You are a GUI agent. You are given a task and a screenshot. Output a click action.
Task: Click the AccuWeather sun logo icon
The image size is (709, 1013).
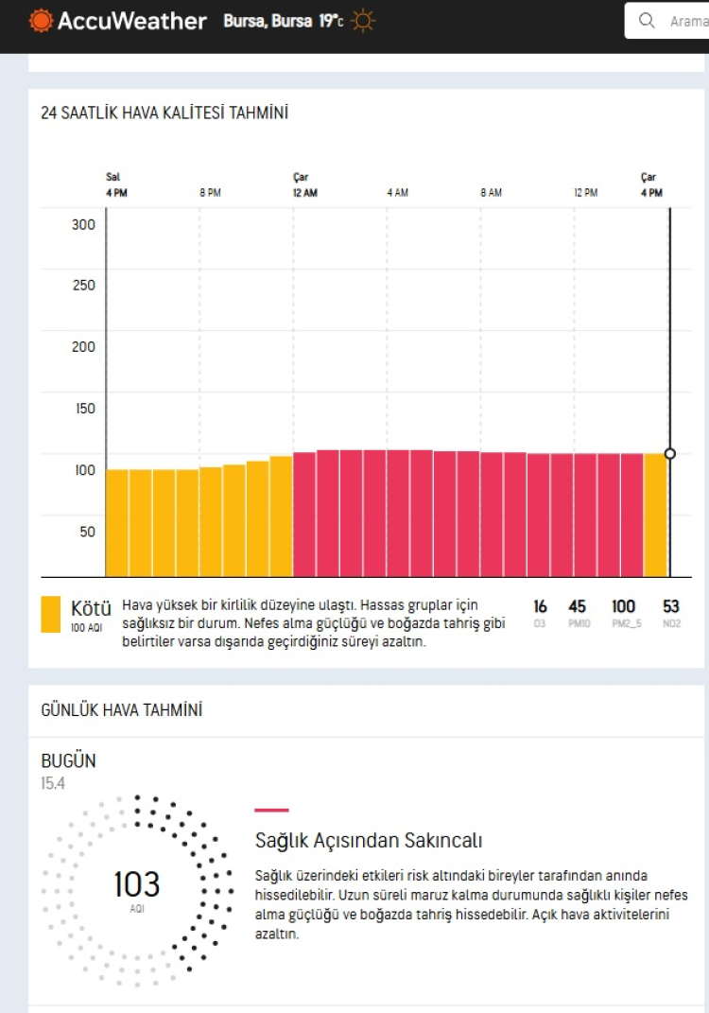(41, 21)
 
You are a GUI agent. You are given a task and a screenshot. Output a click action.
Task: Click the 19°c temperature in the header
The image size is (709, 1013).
(331, 21)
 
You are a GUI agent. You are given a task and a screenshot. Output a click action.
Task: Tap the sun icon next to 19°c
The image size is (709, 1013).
(363, 21)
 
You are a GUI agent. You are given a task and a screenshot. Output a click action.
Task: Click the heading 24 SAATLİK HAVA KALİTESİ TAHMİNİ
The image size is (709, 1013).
(164, 114)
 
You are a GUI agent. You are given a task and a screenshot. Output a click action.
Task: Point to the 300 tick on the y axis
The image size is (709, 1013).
(84, 224)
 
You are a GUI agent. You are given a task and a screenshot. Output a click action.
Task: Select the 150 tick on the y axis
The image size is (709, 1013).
(84, 409)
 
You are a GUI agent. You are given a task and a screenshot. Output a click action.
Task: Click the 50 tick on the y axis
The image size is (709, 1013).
(87, 532)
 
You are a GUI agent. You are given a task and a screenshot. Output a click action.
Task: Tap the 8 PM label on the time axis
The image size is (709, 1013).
(210, 193)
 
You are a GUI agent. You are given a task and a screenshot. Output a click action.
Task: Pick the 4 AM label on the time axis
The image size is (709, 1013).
(397, 193)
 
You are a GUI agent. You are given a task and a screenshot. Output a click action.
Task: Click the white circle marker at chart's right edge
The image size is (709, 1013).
(670, 454)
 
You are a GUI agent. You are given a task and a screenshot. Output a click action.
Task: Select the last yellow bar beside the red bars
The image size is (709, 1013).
(655, 515)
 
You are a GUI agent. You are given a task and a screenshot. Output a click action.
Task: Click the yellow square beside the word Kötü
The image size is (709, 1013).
(51, 613)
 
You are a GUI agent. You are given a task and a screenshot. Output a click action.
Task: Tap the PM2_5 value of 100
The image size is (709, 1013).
(624, 606)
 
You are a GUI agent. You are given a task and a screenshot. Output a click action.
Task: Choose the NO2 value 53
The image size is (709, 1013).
(671, 606)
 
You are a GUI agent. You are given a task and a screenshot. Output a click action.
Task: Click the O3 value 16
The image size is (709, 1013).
(540, 606)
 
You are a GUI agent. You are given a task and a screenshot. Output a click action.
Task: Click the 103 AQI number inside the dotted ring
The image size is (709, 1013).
(137, 884)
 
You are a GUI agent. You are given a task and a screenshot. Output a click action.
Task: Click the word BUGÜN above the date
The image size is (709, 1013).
(68, 761)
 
